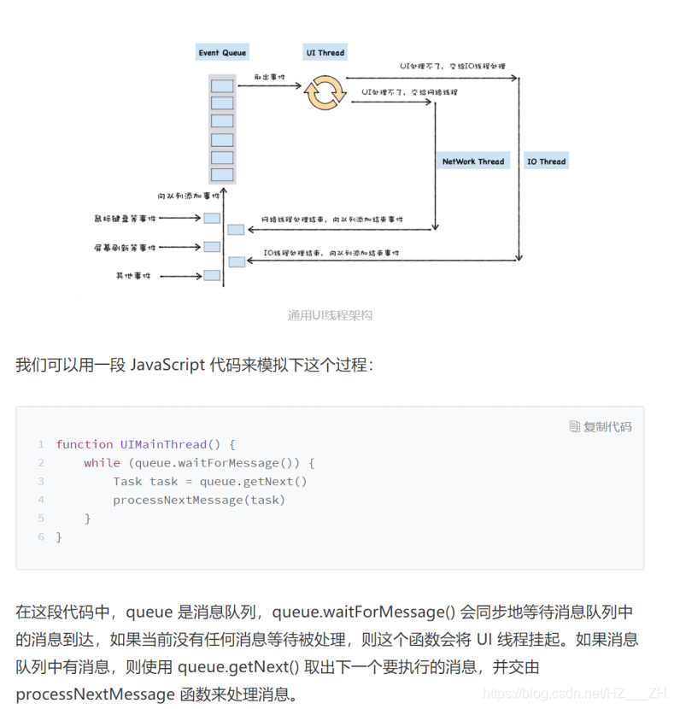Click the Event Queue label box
click(222, 52)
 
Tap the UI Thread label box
click(325, 52)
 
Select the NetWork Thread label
click(472, 161)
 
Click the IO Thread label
click(546, 161)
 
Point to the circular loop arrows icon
click(325, 93)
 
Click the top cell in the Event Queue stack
click(222, 85)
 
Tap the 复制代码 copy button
click(601, 426)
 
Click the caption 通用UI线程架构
click(330, 315)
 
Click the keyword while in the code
click(101, 463)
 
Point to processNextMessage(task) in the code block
click(199, 500)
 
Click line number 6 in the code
click(40, 537)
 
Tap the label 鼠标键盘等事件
click(125, 218)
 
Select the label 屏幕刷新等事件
click(125, 248)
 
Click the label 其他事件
click(132, 276)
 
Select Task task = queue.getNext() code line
click(209, 481)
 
